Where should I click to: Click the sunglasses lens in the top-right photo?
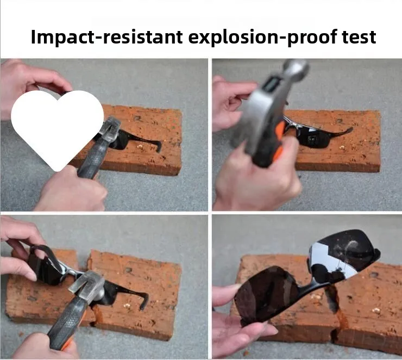[312, 139]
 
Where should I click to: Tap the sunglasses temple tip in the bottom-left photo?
[143, 303]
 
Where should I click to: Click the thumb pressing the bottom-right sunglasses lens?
[225, 293]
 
